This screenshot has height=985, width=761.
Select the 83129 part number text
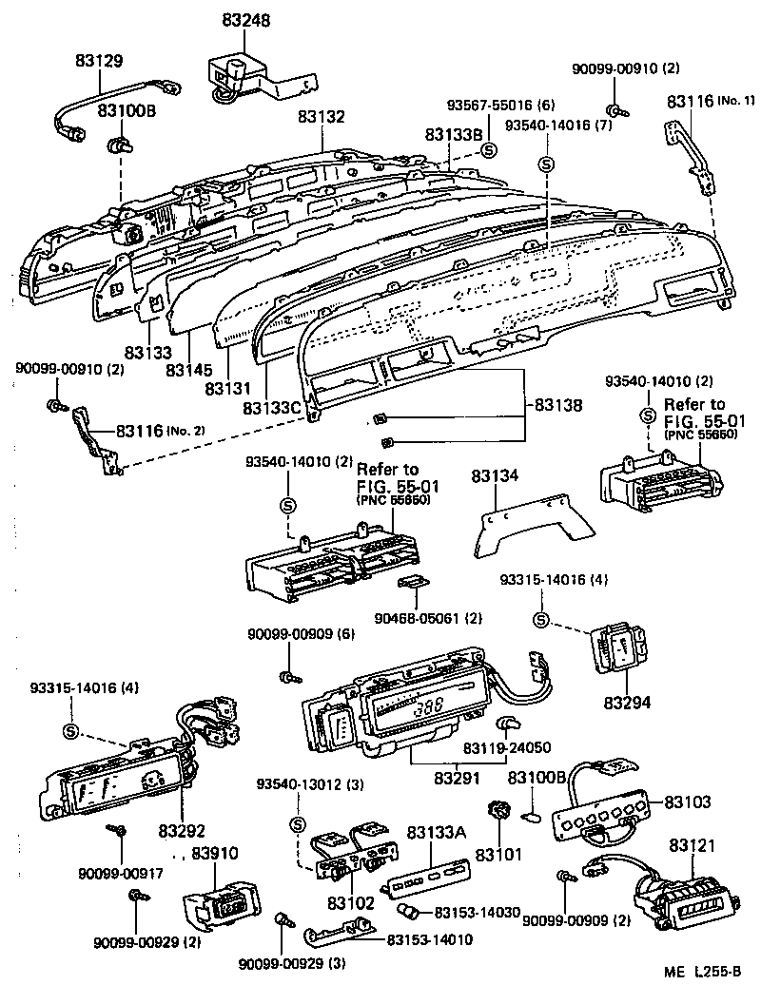[99, 61]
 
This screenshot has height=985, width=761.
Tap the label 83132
[321, 117]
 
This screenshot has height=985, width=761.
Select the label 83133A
[437, 833]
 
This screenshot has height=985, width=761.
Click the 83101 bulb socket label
[499, 855]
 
